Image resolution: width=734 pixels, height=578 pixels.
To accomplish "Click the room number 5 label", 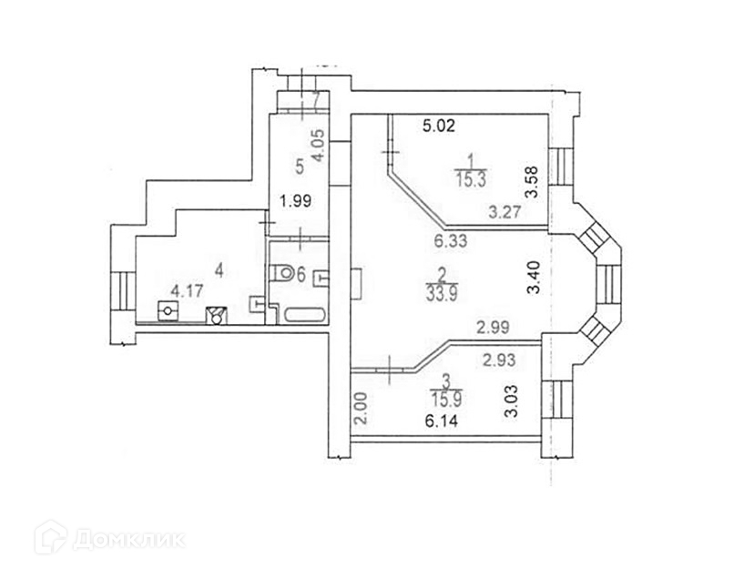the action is (298, 167).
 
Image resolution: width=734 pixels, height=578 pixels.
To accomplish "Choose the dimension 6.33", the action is (451, 241).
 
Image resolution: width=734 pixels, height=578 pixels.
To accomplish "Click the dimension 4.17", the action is (187, 291).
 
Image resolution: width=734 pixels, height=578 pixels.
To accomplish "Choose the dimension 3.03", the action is (511, 401).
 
